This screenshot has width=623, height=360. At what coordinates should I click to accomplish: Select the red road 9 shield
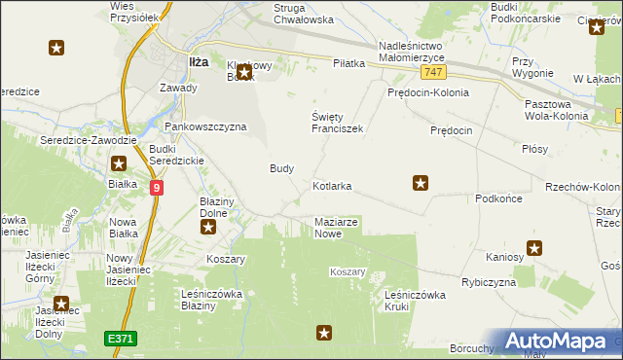(x=157, y=187)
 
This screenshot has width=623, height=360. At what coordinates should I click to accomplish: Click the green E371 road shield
(x=121, y=338)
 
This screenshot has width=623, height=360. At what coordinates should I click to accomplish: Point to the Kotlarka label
(x=332, y=185)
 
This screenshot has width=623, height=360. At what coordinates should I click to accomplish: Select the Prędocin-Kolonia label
(x=427, y=93)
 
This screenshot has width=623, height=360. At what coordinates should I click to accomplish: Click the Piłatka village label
(x=348, y=63)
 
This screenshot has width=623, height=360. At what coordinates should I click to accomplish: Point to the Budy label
(x=281, y=168)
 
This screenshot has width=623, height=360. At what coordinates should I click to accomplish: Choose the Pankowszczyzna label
(x=205, y=126)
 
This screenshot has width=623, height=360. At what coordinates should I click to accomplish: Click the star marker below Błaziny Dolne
(x=208, y=228)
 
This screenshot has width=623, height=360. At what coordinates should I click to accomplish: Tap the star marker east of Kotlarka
(x=421, y=181)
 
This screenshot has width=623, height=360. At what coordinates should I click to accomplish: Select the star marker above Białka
(x=119, y=164)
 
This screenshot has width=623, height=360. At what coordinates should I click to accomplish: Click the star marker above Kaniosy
(x=534, y=248)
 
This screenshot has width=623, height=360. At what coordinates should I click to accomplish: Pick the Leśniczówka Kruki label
(x=415, y=300)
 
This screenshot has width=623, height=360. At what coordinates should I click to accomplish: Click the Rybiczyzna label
(x=488, y=282)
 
